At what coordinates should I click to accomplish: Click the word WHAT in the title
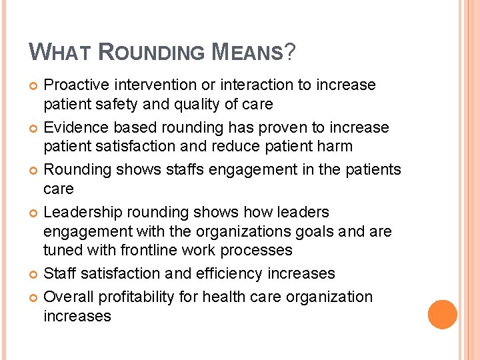point(63,51)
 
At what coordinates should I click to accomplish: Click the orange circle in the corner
point(443,314)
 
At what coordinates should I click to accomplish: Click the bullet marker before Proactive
point(34,85)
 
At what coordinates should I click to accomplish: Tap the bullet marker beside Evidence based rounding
point(34,128)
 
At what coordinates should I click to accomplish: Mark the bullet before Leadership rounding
point(34,213)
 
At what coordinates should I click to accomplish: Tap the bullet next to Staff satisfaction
point(34,274)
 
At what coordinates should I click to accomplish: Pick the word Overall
point(67,297)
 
